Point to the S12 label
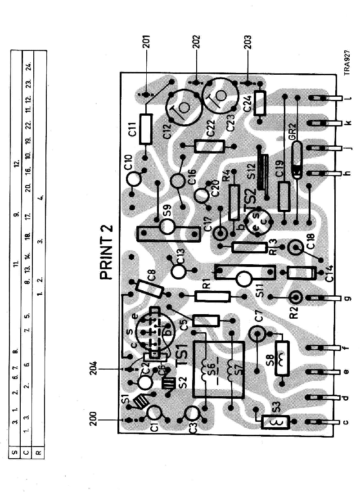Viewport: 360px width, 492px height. [257, 172]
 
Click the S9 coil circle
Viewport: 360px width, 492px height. [167, 227]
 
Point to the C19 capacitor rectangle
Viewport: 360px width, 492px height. [283, 196]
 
